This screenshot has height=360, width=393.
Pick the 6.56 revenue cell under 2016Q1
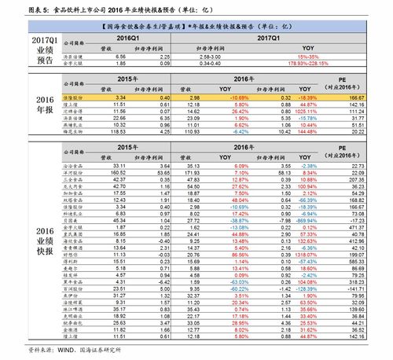coord(121,57)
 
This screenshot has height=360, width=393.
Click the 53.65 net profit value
coord(163,173)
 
